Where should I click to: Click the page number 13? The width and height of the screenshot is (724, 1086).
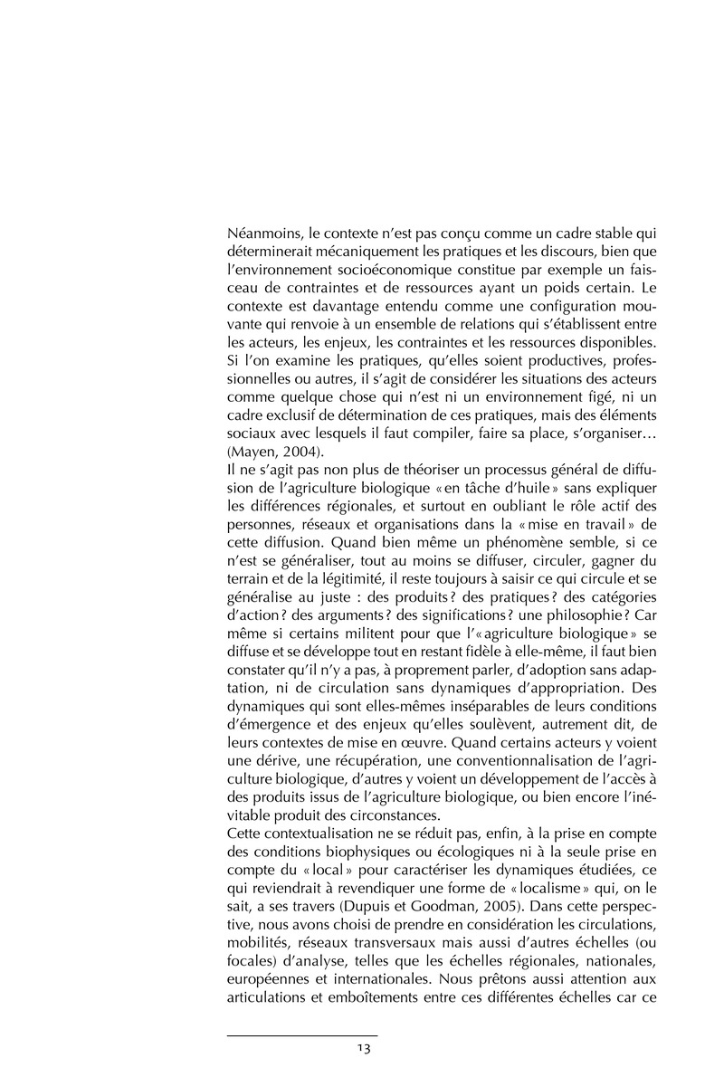pyautogui.click(x=363, y=1049)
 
